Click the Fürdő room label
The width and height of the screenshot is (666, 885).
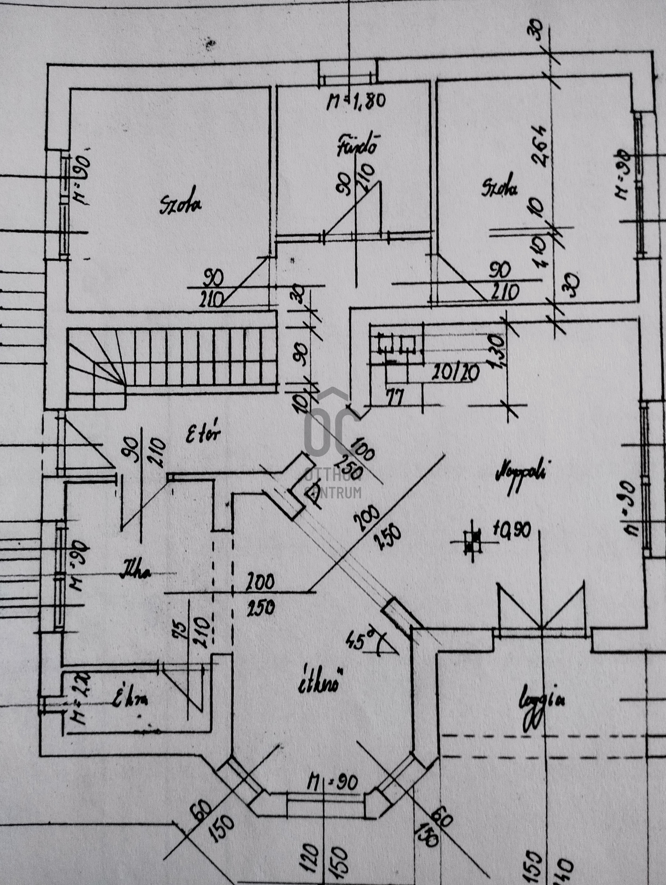(x=358, y=145)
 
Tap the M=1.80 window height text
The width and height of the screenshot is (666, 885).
(x=355, y=100)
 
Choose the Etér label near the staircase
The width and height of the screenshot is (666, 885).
(x=203, y=434)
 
